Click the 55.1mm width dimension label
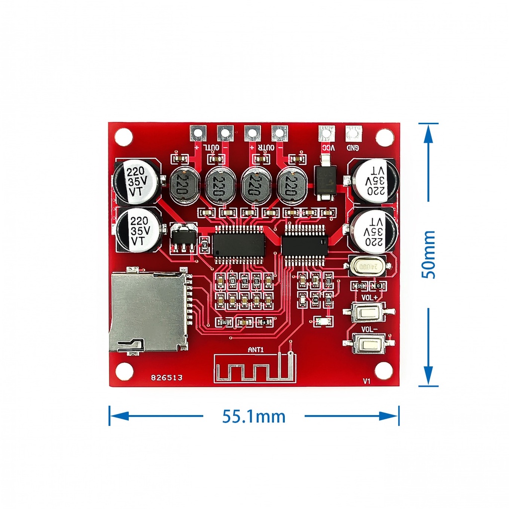[254, 416]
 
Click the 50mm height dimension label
[428, 254]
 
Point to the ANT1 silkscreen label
[255, 350]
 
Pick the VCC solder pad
[326, 133]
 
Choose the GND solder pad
[353, 133]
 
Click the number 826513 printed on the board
[167, 378]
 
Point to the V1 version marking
[367, 381]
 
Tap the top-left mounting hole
[124, 136]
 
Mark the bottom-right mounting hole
[384, 370]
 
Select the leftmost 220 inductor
[184, 185]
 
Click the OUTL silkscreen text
[213, 148]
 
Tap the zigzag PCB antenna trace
[251, 369]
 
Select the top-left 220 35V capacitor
[136, 182]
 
